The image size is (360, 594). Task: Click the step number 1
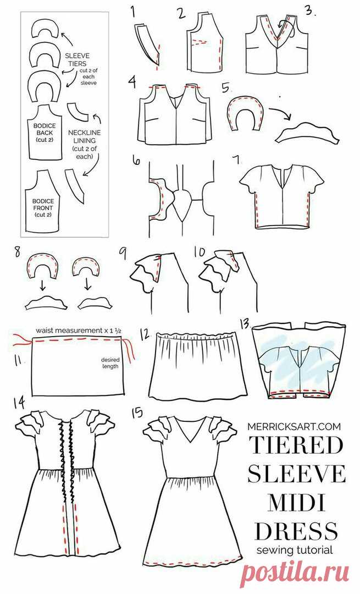[x=133, y=12]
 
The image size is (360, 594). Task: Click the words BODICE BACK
[x=44, y=129]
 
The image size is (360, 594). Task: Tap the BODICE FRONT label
[x=43, y=205]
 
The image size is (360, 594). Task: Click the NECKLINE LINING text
[x=84, y=137]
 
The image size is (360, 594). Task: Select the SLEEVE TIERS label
[x=77, y=59]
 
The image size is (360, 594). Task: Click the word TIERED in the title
[x=296, y=446]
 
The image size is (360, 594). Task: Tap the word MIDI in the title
[x=296, y=503]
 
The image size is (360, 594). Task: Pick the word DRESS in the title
[x=296, y=530]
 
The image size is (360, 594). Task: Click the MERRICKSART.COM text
[x=294, y=426]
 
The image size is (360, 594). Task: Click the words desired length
[x=110, y=363]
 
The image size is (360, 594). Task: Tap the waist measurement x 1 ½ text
[x=79, y=331]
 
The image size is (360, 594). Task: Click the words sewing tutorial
[x=295, y=550]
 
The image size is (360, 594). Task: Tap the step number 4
[x=132, y=81]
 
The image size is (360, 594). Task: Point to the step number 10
[x=200, y=251]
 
